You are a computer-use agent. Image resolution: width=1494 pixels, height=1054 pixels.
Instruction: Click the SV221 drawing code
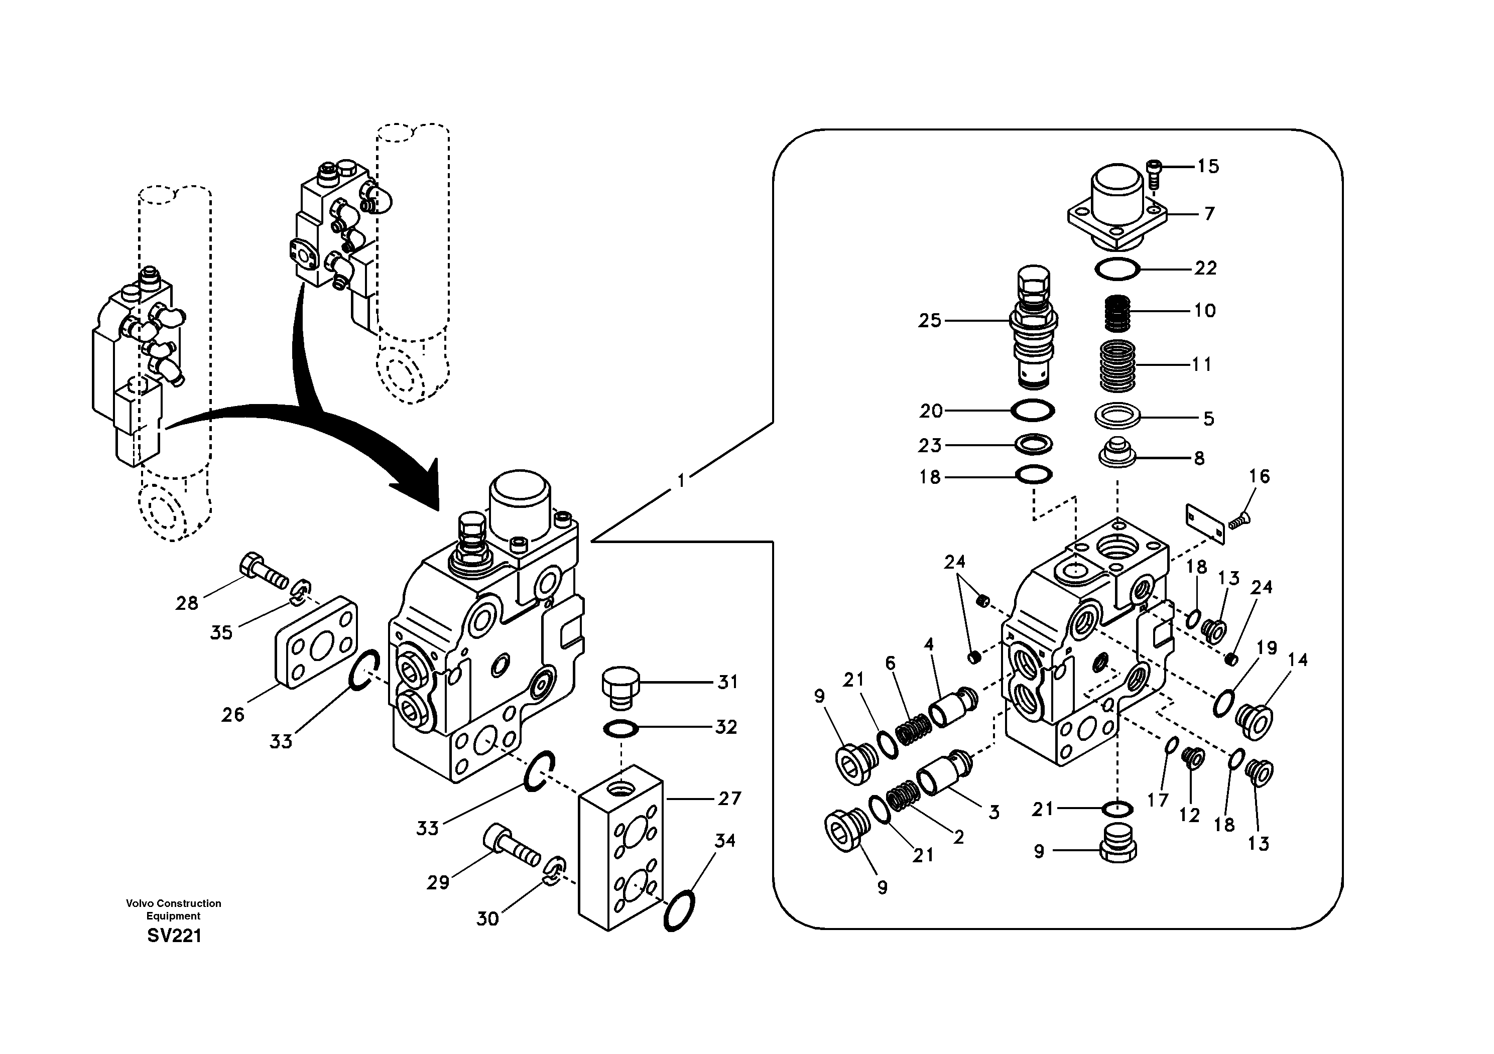(174, 936)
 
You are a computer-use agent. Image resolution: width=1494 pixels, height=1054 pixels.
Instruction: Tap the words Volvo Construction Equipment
(173, 909)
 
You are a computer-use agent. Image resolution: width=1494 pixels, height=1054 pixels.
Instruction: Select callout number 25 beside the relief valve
(930, 320)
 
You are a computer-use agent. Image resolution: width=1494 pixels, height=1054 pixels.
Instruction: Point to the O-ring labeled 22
(1117, 268)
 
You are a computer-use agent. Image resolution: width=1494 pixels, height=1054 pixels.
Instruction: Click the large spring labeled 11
(1118, 366)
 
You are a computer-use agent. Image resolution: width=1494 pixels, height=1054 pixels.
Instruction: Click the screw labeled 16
(1241, 519)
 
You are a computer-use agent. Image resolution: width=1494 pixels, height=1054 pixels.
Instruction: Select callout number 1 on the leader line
(681, 481)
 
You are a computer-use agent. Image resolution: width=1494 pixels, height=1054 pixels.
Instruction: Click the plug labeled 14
(1254, 721)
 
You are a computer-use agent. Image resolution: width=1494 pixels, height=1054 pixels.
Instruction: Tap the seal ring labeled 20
(1033, 411)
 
